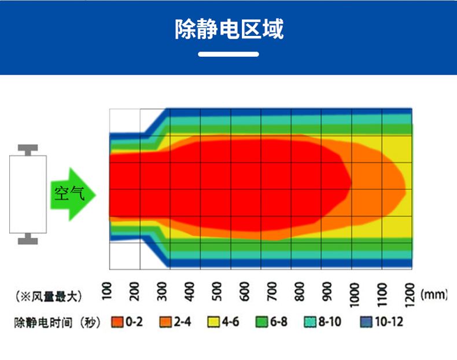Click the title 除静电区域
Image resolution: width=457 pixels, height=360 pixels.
coord(228,28)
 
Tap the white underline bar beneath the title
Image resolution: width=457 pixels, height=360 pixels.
coord(228,54)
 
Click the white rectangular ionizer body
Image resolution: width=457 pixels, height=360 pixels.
coord(28,193)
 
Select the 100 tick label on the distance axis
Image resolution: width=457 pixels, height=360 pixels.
coord(106,291)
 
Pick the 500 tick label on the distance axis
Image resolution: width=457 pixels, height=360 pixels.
coord(216,291)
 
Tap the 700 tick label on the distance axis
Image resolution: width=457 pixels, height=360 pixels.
coord(271,291)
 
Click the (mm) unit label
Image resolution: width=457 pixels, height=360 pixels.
coord(434,295)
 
